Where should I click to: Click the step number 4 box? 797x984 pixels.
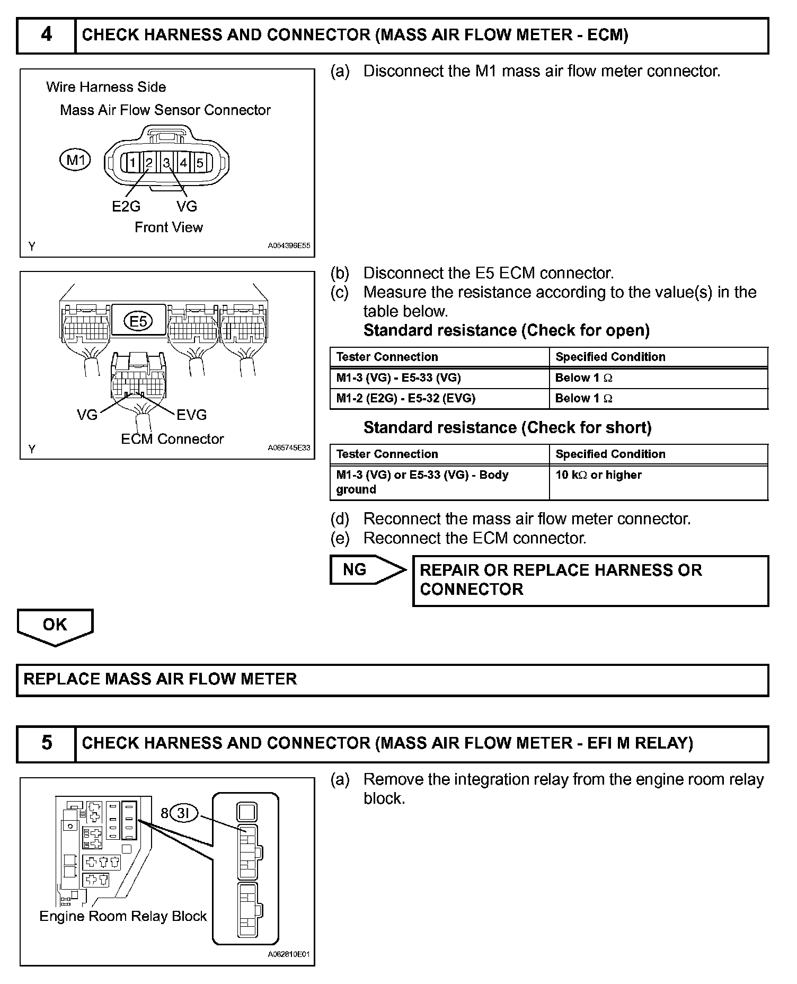[x=47, y=36]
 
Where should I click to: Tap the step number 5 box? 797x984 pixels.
[x=47, y=743]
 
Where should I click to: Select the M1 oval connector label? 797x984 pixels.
[x=75, y=160]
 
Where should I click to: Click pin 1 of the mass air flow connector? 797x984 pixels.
[x=132, y=163]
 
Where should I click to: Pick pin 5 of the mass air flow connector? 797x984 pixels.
[x=200, y=163]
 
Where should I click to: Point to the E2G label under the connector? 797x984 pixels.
[x=126, y=206]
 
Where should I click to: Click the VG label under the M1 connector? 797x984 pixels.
[x=187, y=206]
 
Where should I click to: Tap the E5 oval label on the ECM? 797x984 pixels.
[x=138, y=321]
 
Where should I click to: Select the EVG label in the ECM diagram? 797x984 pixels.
[x=191, y=415]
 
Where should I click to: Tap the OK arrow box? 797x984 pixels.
[x=55, y=626]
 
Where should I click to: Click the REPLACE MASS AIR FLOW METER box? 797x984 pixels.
[x=392, y=680]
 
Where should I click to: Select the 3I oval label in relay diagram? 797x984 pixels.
[x=183, y=813]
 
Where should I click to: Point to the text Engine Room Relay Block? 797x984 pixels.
[x=123, y=916]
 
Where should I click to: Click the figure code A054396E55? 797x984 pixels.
[x=289, y=246]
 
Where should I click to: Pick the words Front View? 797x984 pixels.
[x=169, y=227]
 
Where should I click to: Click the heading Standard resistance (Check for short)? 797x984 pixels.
[x=507, y=428]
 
